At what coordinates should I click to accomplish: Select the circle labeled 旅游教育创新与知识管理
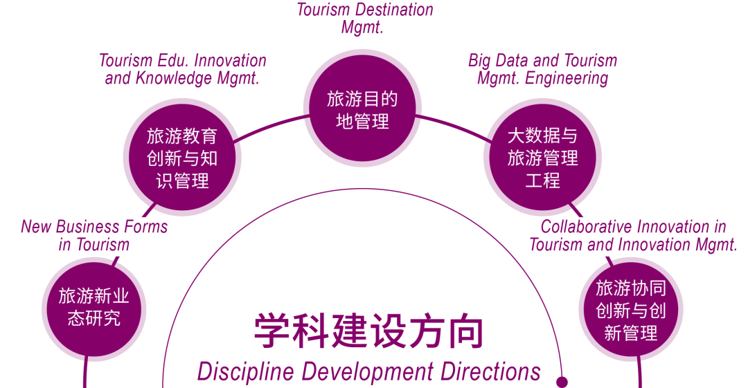pos(182,158)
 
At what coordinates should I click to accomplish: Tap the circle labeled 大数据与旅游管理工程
pos(542,158)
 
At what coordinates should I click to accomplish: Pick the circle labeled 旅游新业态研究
pos(93,308)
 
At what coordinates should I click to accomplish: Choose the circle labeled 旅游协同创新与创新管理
pos(630,309)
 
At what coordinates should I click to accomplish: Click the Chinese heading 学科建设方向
pos(368,331)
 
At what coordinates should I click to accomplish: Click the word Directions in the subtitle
pos(490,371)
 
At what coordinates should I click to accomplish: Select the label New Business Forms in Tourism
pos(94,235)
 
